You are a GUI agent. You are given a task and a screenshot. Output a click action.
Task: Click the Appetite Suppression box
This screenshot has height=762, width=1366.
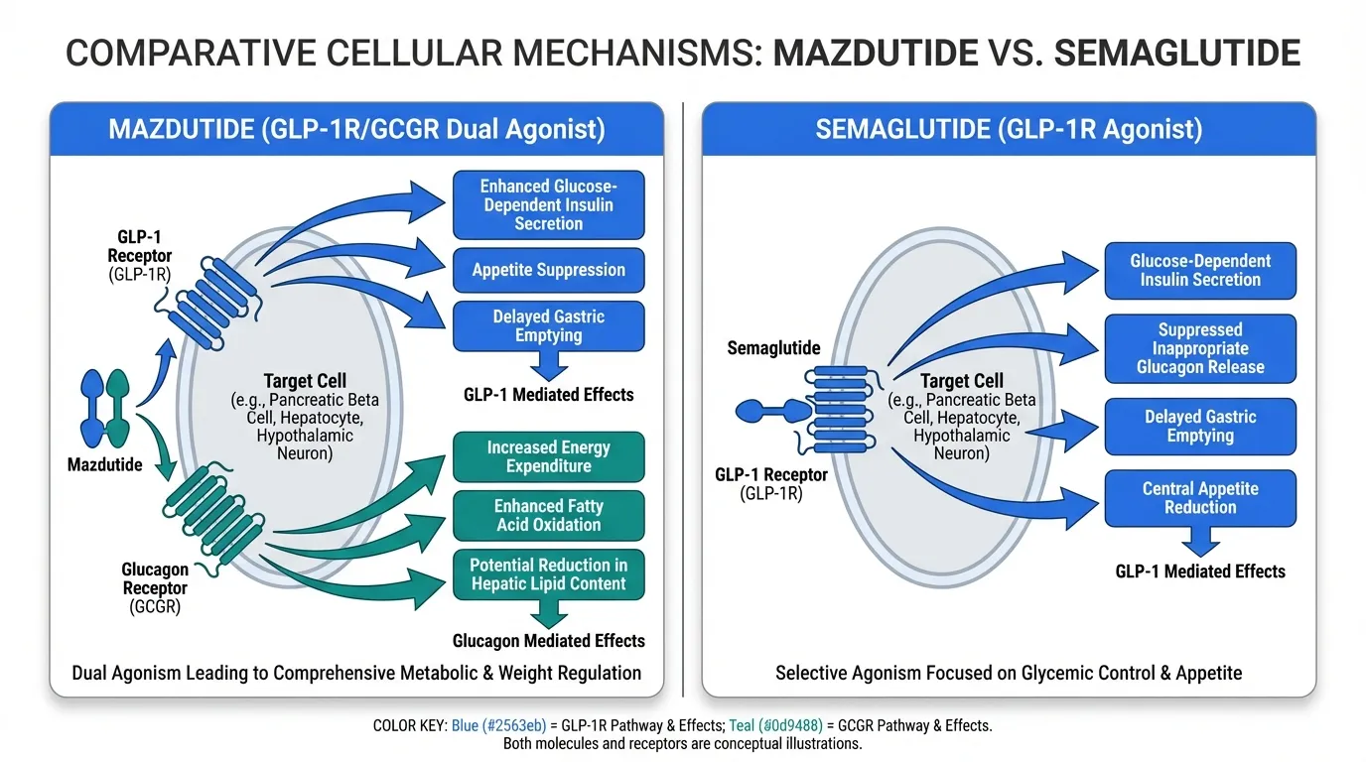[x=548, y=270]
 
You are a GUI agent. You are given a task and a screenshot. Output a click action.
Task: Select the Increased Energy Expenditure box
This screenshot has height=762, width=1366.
[x=548, y=457]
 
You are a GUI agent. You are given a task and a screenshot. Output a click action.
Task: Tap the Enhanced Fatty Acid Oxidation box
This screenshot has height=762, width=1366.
[x=548, y=515]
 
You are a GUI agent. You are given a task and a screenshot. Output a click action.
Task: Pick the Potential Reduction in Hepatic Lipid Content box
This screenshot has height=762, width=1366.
[x=548, y=574]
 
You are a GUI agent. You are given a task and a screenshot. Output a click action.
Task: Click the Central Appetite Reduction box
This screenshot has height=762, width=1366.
[x=1200, y=498]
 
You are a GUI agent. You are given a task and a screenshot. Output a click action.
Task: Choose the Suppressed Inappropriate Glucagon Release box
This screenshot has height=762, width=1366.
[x=1200, y=348]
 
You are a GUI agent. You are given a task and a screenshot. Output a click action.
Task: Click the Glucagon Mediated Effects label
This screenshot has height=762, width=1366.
[x=548, y=641]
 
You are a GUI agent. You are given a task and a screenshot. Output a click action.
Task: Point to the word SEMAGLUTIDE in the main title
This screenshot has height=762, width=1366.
[x=1176, y=53]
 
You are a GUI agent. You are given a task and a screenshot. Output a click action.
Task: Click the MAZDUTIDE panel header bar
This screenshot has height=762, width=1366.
[x=356, y=130]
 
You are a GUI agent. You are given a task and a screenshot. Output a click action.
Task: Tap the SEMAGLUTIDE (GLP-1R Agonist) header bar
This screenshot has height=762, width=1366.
[x=1009, y=130]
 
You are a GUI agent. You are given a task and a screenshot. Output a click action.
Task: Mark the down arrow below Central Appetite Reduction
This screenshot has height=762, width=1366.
[x=1200, y=541]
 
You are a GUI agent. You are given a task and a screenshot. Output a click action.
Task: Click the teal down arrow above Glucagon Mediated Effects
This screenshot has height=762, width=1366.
[x=548, y=614]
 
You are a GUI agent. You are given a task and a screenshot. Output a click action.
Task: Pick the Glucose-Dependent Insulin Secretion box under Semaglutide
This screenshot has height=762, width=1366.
[x=1200, y=270]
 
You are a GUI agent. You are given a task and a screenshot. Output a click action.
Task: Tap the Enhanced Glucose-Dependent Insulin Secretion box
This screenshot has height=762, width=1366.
[x=548, y=205]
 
